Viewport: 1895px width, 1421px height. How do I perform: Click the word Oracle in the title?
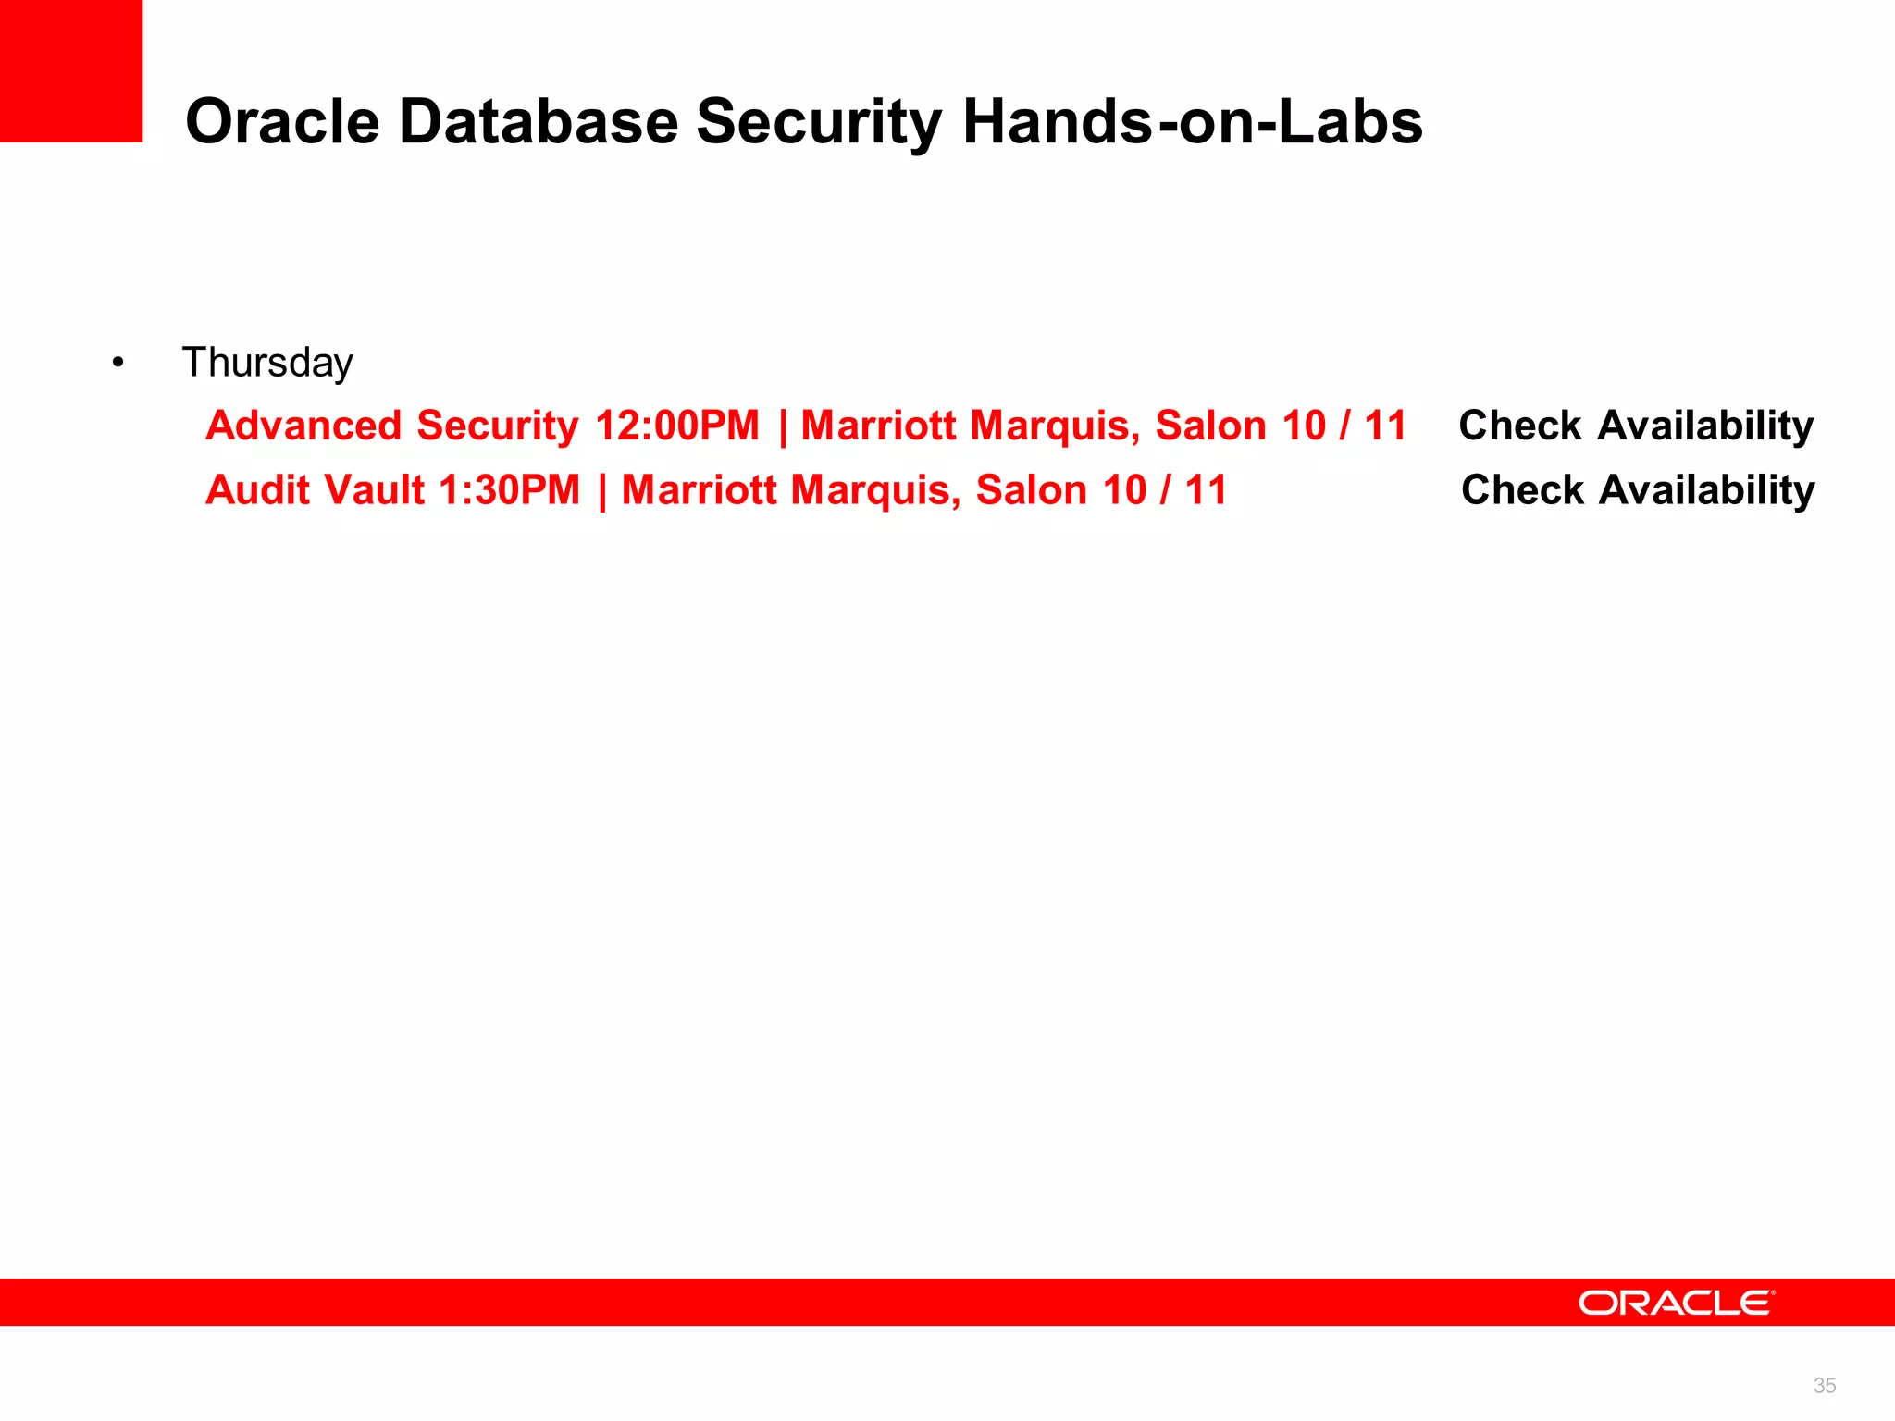[x=282, y=122]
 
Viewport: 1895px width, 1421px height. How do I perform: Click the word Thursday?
[x=267, y=363]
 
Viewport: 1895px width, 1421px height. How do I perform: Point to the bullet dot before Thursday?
[x=118, y=363]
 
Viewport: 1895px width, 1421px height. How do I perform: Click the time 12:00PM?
[x=677, y=426]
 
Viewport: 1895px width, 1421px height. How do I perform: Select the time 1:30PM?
[x=509, y=490]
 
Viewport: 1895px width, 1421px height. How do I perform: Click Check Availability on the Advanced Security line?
[x=1636, y=426]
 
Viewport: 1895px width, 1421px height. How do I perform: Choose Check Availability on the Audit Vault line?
[x=1638, y=490]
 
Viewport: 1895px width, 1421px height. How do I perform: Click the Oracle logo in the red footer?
[x=1676, y=1303]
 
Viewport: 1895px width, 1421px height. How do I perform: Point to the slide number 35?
[x=1824, y=1385]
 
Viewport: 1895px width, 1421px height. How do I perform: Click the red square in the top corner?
[x=71, y=71]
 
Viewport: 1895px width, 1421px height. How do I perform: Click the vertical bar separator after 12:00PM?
[x=783, y=426]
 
